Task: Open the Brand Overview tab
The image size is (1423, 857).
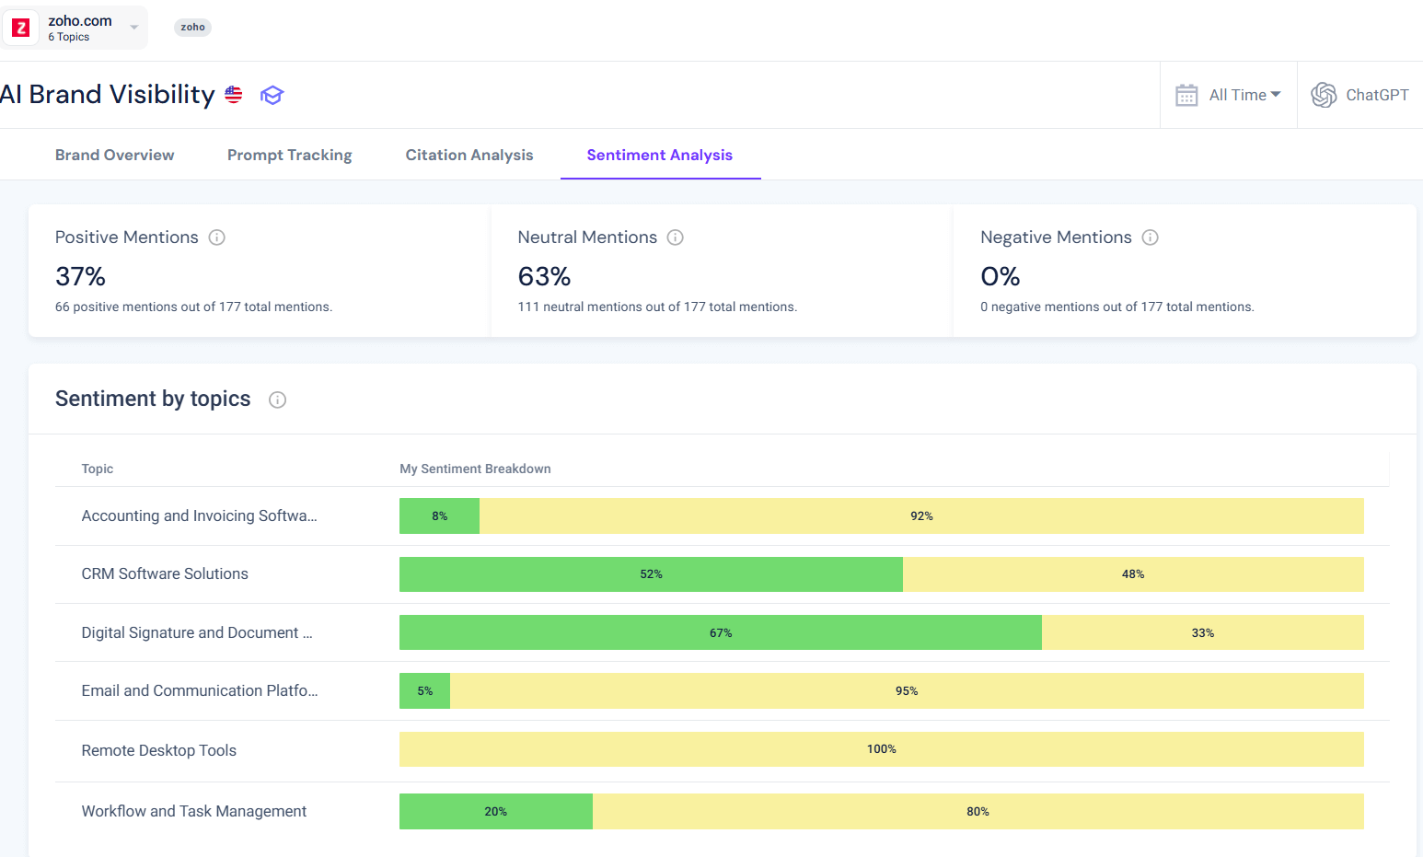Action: pos(114,155)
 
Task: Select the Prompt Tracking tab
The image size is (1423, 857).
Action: pos(289,155)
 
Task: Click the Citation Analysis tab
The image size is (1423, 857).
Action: pos(469,155)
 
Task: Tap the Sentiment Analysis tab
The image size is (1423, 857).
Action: pos(659,155)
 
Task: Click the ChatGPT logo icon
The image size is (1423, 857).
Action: pos(1324,95)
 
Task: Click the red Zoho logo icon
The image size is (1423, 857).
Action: pos(21,28)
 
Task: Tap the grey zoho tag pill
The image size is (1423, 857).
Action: pos(192,28)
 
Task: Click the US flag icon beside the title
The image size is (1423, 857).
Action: pos(234,95)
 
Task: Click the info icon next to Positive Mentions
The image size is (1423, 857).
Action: pos(217,237)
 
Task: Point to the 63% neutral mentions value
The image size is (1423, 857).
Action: pos(544,276)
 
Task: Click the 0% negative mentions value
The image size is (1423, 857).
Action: pos(1000,276)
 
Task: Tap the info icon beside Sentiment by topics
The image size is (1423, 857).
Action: pos(277,400)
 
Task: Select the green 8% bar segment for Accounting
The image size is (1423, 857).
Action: pos(439,516)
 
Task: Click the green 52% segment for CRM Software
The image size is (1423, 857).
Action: pos(651,574)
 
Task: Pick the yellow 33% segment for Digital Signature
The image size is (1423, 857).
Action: pos(1202,633)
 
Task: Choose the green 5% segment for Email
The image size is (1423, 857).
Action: pos(424,691)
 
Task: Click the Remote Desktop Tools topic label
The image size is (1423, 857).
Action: pos(158,750)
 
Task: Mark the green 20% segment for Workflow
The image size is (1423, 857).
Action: pos(495,812)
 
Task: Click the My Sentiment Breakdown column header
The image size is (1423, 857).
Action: pos(475,469)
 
